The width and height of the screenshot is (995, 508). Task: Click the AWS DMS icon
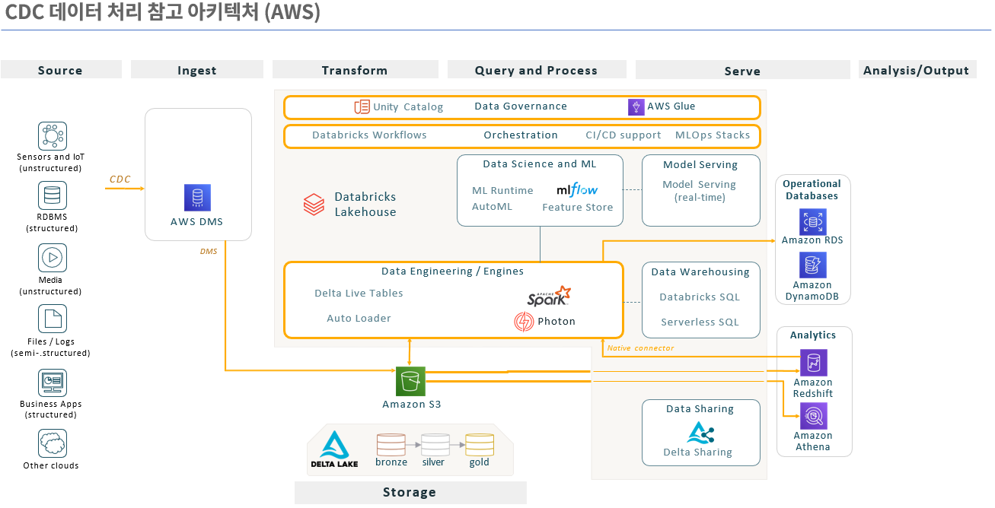point(197,198)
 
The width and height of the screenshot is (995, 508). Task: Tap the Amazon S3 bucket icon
point(410,381)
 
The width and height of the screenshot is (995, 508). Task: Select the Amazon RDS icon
point(812,222)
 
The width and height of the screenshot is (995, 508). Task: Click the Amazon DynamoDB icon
point(812,265)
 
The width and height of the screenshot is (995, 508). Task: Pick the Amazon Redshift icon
point(813,364)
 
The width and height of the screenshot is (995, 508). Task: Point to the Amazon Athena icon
point(813,417)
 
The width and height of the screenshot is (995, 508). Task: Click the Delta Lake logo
point(334,449)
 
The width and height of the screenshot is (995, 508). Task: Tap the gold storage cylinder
point(480,445)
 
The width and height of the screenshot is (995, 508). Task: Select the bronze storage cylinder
point(391,445)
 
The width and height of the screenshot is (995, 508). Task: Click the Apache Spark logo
point(548,296)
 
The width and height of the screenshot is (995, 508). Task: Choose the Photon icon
point(524,322)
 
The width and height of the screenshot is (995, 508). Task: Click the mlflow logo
point(577,189)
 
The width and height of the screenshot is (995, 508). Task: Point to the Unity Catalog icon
point(362,106)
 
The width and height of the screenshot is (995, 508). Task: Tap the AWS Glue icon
point(636,106)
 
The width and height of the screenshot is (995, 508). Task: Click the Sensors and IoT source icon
point(53,137)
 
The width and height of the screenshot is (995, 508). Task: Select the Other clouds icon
point(53,443)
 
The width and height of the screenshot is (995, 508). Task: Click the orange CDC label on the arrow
point(120,179)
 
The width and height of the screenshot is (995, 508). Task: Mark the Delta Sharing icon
point(700,433)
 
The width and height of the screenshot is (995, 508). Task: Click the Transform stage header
point(354,70)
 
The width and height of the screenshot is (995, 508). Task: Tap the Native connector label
point(640,348)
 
